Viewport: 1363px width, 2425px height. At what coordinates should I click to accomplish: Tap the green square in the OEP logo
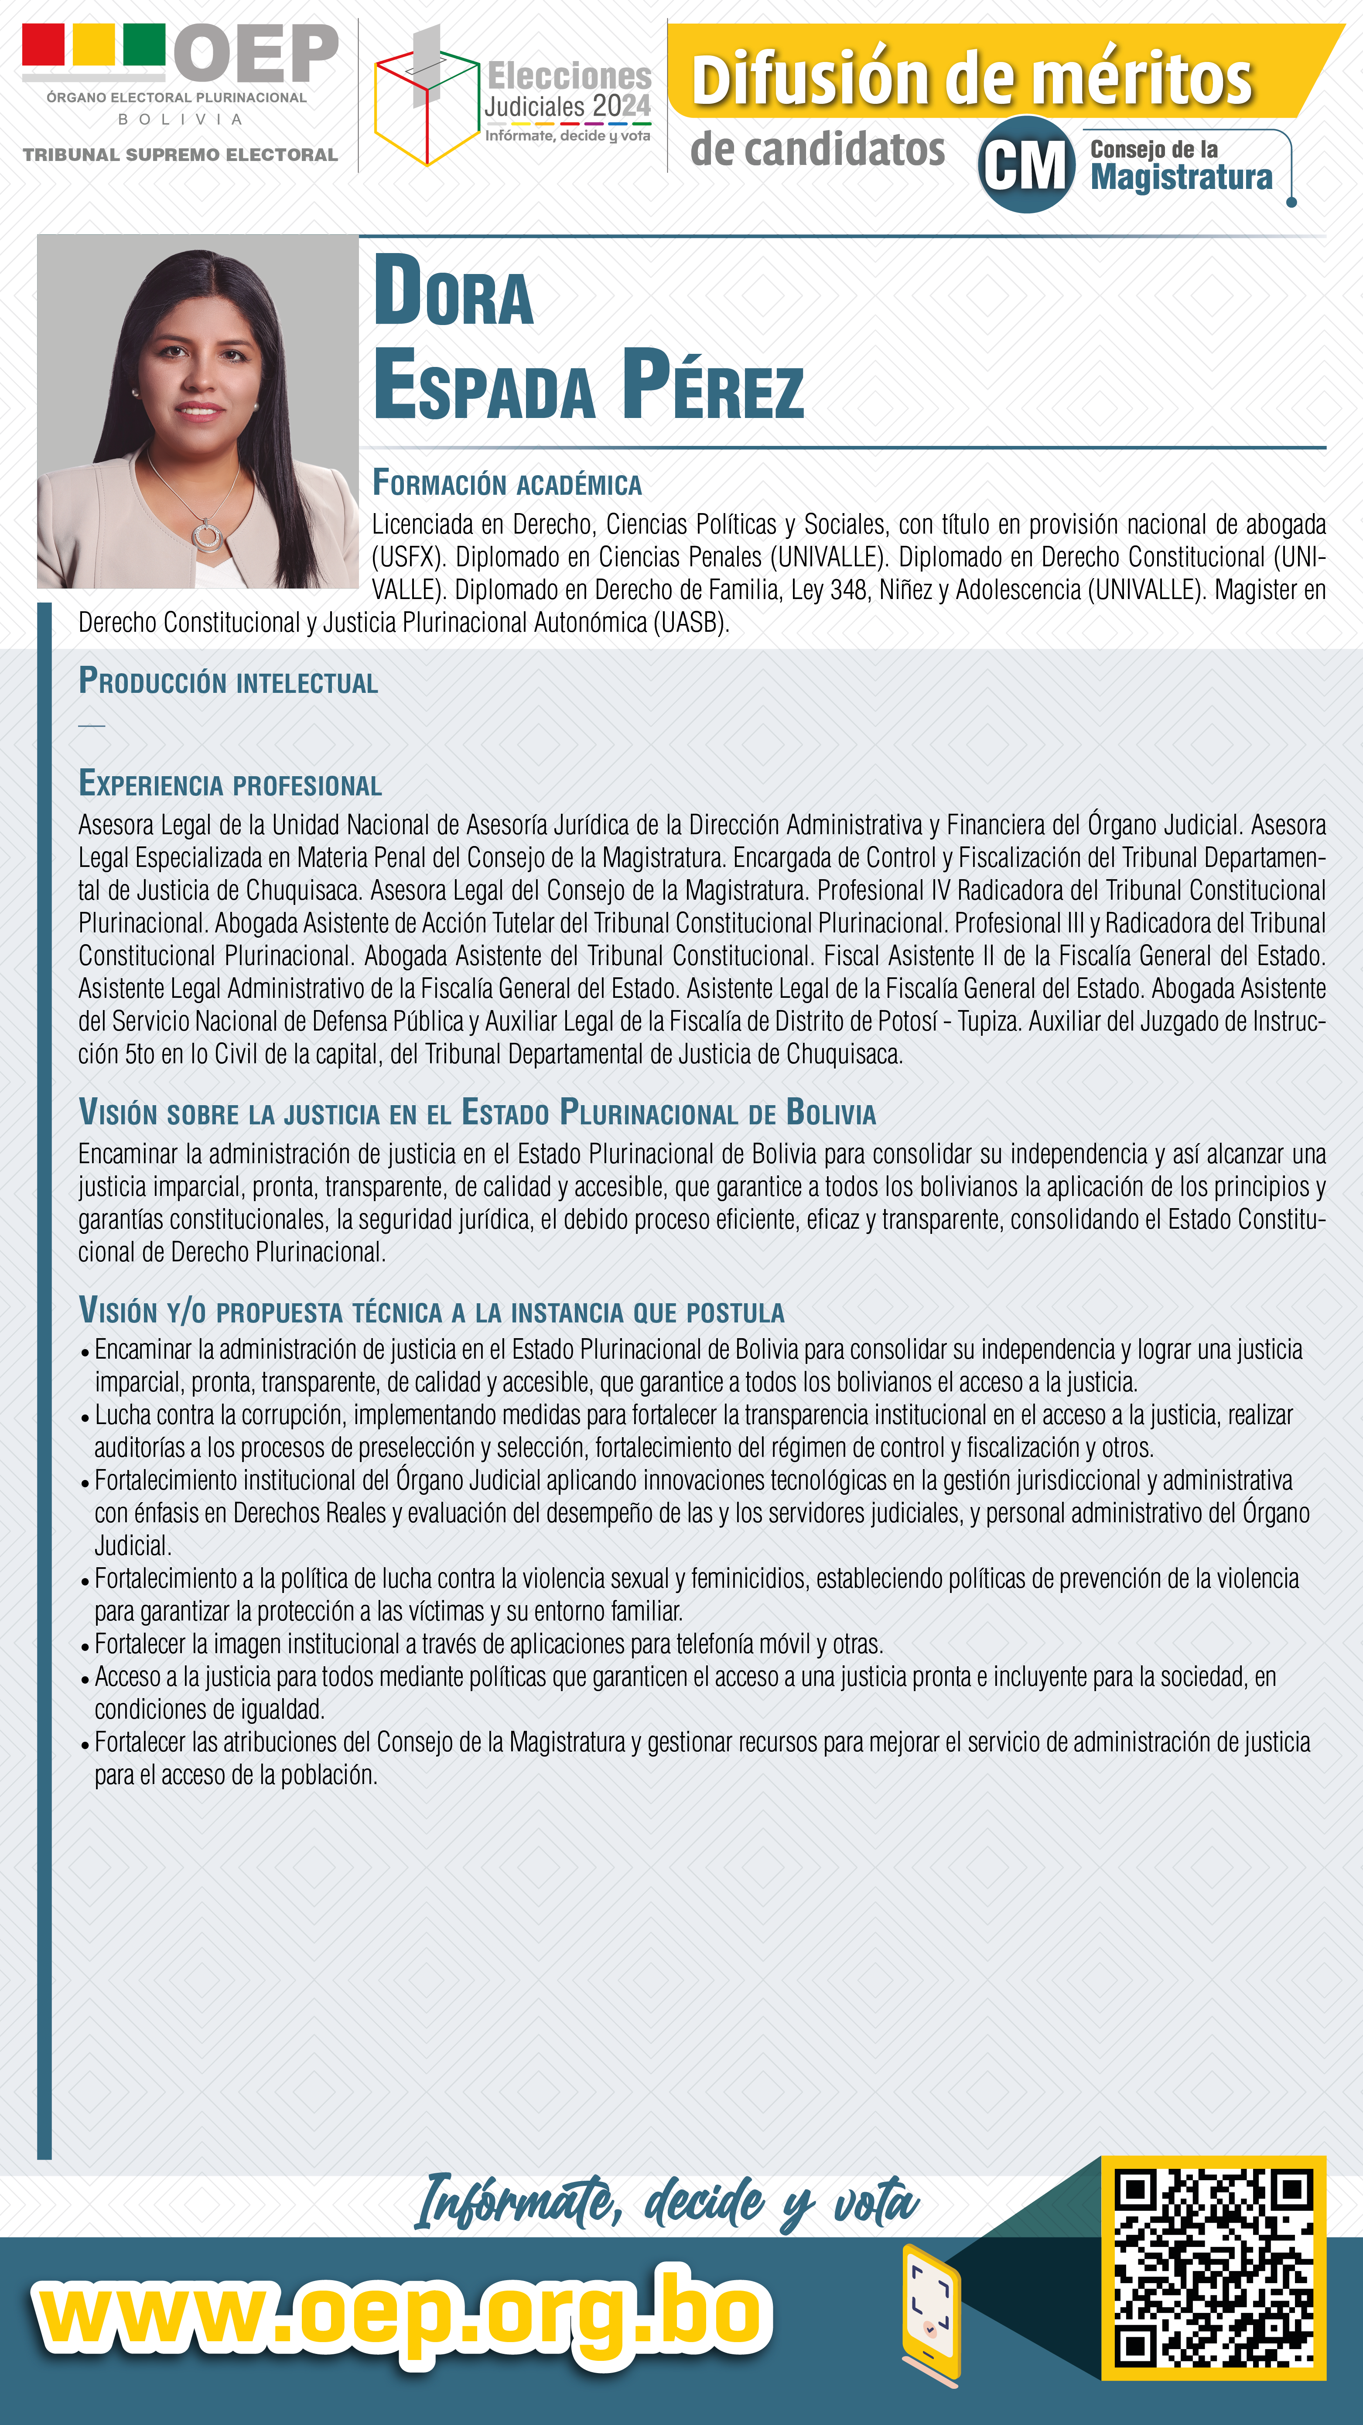(x=144, y=44)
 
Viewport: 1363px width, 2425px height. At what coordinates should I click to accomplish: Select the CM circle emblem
(x=1026, y=165)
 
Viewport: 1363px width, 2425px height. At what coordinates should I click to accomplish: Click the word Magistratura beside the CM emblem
(x=1181, y=177)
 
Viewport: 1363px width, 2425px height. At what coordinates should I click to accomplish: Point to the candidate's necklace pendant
(x=205, y=535)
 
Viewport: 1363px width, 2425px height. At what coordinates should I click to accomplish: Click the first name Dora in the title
(x=454, y=292)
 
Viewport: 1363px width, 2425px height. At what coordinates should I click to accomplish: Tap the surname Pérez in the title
(x=713, y=386)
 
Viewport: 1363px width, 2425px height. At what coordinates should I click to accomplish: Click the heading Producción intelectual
(x=228, y=682)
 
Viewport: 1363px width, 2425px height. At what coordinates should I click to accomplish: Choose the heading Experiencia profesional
(x=230, y=784)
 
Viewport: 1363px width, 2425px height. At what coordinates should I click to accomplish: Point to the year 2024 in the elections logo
(x=620, y=106)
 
